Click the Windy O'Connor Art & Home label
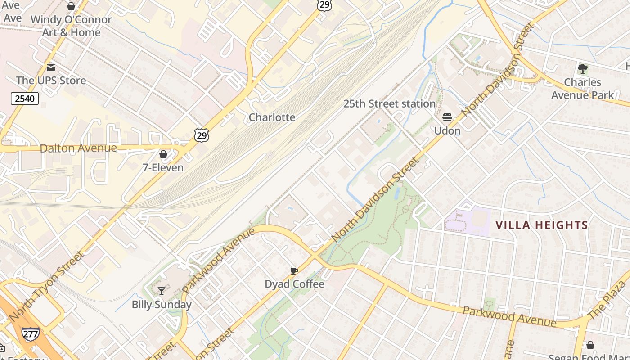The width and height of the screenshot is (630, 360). (x=71, y=26)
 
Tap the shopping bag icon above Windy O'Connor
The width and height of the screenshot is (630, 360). (x=71, y=6)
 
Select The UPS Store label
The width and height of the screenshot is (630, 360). (x=51, y=81)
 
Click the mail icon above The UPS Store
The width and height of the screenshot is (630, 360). (x=51, y=67)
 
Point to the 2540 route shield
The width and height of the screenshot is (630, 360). (x=24, y=99)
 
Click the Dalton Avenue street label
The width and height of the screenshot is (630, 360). (x=78, y=148)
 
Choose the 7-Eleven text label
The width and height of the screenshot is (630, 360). (x=163, y=168)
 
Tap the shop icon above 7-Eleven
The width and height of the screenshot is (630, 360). (x=163, y=154)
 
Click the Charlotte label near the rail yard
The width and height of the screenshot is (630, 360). (x=272, y=117)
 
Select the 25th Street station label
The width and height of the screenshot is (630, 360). (x=389, y=104)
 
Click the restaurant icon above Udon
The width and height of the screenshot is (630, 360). (x=447, y=117)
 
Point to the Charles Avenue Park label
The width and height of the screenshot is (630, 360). (x=582, y=89)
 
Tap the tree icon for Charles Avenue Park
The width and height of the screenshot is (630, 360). (x=583, y=69)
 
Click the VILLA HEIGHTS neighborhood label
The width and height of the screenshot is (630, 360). (x=542, y=225)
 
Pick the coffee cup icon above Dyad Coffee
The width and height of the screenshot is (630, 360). (x=294, y=271)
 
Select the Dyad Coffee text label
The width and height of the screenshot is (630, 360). (x=294, y=284)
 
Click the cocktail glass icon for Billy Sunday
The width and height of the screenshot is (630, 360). (x=162, y=291)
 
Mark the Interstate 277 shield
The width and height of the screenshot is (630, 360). (x=30, y=333)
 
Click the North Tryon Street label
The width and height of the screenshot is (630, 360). (x=46, y=287)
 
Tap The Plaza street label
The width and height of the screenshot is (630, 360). (x=607, y=300)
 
